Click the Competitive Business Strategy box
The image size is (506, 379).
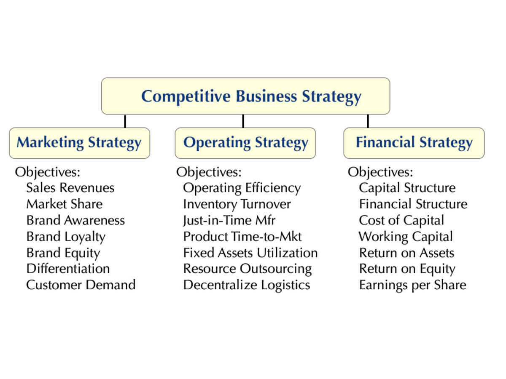[x=245, y=96]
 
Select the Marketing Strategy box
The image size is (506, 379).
[x=80, y=143]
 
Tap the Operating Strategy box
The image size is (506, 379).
[x=245, y=143]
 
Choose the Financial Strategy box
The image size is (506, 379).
[x=414, y=143]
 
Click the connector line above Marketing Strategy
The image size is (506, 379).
[x=125, y=121]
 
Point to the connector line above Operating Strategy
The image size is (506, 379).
[x=243, y=121]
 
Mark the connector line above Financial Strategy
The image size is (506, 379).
[x=368, y=121]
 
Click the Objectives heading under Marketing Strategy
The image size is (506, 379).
[x=48, y=172]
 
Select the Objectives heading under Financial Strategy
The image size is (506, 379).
[x=380, y=172]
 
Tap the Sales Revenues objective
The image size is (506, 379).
[x=70, y=188]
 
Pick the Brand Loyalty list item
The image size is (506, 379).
[x=66, y=237]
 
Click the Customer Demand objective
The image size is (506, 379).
[x=81, y=285]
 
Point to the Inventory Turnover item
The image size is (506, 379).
[x=237, y=205]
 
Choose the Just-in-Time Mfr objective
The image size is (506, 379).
[x=229, y=220]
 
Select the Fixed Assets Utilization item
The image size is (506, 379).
[x=250, y=253]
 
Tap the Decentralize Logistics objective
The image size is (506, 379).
[x=247, y=286]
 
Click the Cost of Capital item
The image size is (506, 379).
[x=401, y=221]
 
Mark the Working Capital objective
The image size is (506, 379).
[x=406, y=237]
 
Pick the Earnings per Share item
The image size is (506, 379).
[x=413, y=286]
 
